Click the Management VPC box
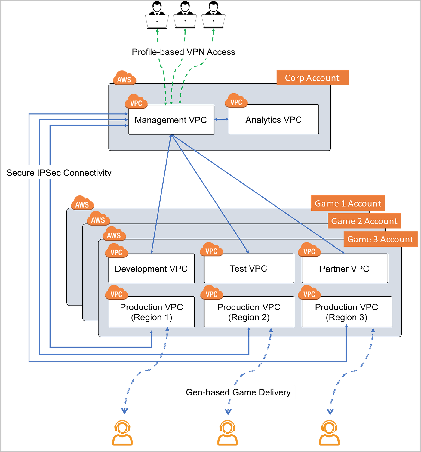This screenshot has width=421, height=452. [x=171, y=120]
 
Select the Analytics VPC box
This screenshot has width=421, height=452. [x=274, y=119]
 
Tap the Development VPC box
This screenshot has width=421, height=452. [x=152, y=268]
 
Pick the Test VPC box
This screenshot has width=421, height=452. [x=249, y=268]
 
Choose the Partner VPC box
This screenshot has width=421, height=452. [x=345, y=268]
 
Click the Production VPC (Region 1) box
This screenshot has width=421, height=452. [x=152, y=312]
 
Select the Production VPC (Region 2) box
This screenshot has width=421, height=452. [x=249, y=312]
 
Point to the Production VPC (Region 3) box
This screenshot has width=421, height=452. [x=347, y=312]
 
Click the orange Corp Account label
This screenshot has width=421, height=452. [x=313, y=78]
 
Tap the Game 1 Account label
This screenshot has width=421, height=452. [x=348, y=203]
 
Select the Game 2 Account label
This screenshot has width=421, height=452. [x=364, y=221]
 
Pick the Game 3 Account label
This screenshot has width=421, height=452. [x=380, y=239]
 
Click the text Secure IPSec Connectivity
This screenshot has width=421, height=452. [x=59, y=173]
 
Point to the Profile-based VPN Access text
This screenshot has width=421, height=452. [x=183, y=52]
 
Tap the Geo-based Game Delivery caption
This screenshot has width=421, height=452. [x=238, y=392]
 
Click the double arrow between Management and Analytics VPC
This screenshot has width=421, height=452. [x=222, y=119]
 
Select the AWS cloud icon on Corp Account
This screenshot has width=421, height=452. [x=124, y=78]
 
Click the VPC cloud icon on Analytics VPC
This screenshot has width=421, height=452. [x=236, y=100]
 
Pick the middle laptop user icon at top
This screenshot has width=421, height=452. [x=185, y=15]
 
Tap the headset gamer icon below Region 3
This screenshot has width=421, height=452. [x=329, y=433]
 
